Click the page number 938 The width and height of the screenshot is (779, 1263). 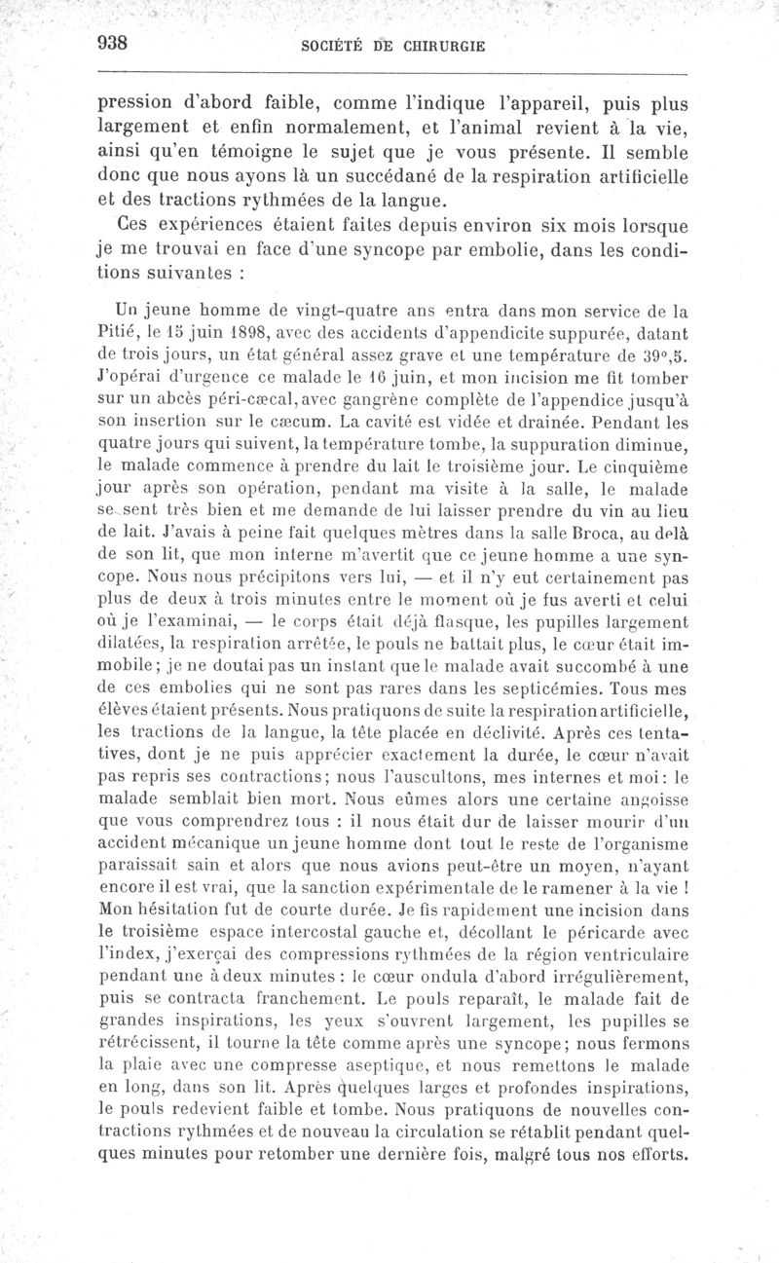pos(115,44)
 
